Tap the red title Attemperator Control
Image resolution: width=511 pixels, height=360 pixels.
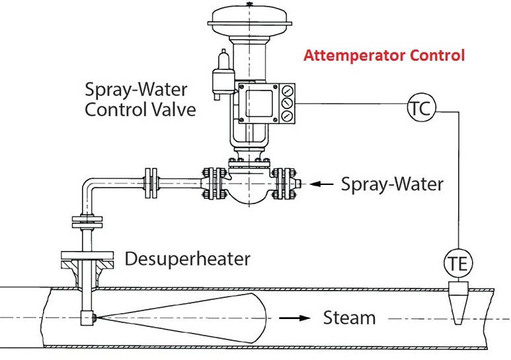pos(384,55)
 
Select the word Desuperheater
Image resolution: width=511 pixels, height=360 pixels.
pos(188,258)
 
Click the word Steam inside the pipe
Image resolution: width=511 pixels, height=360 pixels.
pos(349,318)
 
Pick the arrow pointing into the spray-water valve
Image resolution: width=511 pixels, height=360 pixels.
pos(322,184)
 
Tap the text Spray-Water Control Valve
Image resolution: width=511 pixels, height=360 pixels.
pos(141,99)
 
